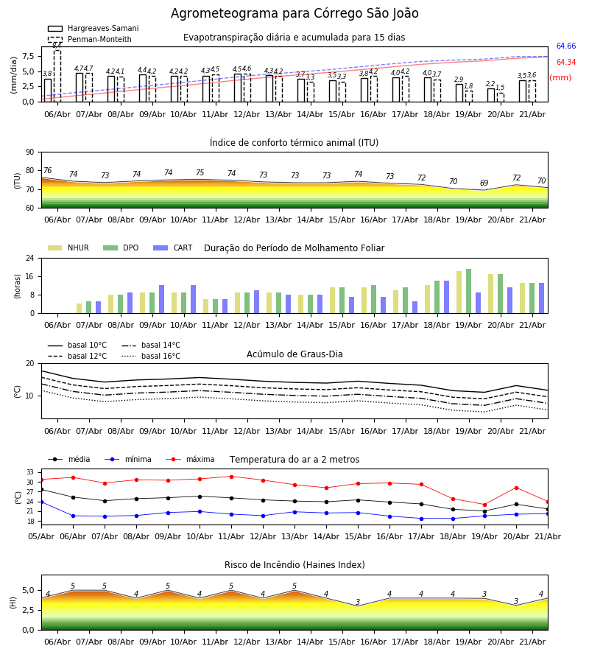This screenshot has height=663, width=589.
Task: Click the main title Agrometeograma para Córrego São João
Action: [294, 13]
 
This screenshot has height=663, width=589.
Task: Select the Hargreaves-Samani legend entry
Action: [94, 28]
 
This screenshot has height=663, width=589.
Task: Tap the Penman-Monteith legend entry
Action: [90, 39]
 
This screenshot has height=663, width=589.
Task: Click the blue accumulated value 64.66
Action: [565, 46]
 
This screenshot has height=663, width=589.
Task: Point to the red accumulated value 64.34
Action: [565, 62]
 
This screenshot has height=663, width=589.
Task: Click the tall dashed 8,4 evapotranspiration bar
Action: [57, 76]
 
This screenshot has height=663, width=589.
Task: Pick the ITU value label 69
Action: [484, 183]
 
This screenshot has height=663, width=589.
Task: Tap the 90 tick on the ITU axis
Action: [30, 152]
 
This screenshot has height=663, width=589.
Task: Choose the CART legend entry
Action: [173, 248]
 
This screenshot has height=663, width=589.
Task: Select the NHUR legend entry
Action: [68, 248]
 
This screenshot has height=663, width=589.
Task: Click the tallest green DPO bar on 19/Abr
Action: [468, 291]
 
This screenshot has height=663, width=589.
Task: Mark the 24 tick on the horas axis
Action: [30, 258]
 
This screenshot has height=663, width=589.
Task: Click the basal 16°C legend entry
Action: [151, 356]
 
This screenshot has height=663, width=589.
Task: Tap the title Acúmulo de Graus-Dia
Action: [294, 354]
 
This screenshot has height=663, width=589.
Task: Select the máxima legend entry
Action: [190, 459]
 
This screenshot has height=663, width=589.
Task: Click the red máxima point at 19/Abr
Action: [484, 505]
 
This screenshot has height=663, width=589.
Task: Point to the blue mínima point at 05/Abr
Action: [41, 502]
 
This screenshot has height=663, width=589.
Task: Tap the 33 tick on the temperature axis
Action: [30, 472]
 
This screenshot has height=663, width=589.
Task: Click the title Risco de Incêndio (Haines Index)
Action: [294, 565]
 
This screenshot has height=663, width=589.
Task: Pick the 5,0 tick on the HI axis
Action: [29, 591]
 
